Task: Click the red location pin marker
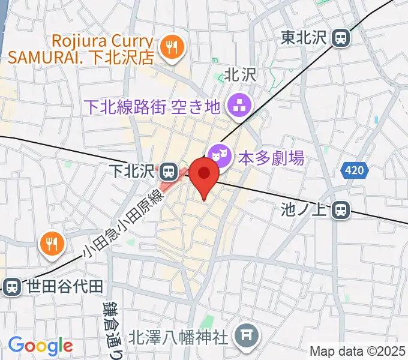[205, 175]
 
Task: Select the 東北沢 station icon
[341, 38]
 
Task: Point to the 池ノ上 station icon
[341, 209]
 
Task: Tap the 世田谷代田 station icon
[11, 286]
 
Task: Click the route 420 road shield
[355, 171]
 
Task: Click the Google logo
[40, 345]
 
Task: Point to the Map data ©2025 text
[358, 351]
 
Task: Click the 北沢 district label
[240, 74]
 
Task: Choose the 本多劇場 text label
[271, 158]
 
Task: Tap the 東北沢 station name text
[303, 38]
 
